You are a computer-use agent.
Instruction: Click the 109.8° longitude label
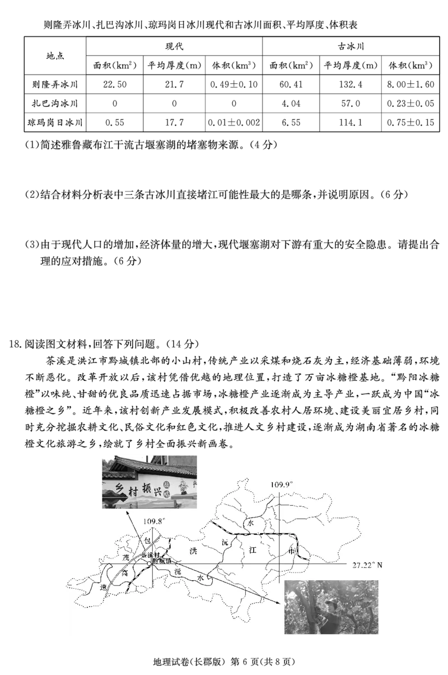click(154, 522)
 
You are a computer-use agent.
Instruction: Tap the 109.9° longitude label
click(282, 484)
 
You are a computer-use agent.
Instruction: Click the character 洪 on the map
click(193, 551)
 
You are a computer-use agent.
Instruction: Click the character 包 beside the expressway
click(148, 541)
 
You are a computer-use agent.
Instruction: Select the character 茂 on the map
click(126, 558)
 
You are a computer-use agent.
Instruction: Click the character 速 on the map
click(102, 588)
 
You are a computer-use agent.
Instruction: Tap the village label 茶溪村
click(151, 555)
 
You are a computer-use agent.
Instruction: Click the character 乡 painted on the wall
click(119, 488)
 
